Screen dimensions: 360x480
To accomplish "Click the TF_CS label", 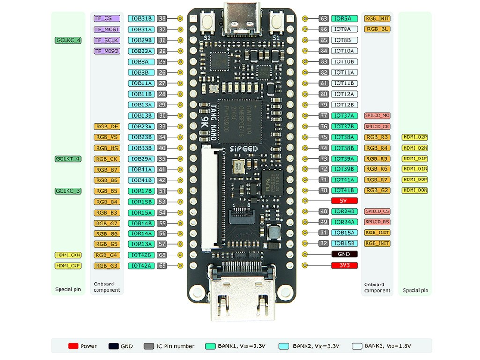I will coord(107,19).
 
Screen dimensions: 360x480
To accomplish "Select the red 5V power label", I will coord(345,201).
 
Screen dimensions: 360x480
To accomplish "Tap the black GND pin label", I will coord(345,255).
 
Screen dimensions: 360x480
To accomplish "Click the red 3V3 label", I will coord(345,265).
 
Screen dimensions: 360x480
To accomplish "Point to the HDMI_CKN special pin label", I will coord(68,255).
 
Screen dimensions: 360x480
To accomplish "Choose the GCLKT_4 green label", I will coord(68,159).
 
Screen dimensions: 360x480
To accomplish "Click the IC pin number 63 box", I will coord(323,19).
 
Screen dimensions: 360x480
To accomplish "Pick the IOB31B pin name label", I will coord(141,19).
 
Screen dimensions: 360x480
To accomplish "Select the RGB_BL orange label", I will coord(377,29).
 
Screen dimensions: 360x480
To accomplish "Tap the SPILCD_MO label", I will coord(377,116).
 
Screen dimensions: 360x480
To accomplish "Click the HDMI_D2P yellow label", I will coord(415,137).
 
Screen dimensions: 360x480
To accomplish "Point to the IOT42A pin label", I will coord(141,266).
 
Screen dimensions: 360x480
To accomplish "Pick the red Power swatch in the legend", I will coord(73,346).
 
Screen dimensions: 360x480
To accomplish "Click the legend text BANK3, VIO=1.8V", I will coord(388,346).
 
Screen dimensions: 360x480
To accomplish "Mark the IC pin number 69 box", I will coord(162,266).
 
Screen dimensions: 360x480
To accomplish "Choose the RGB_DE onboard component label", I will coord(107,127).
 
